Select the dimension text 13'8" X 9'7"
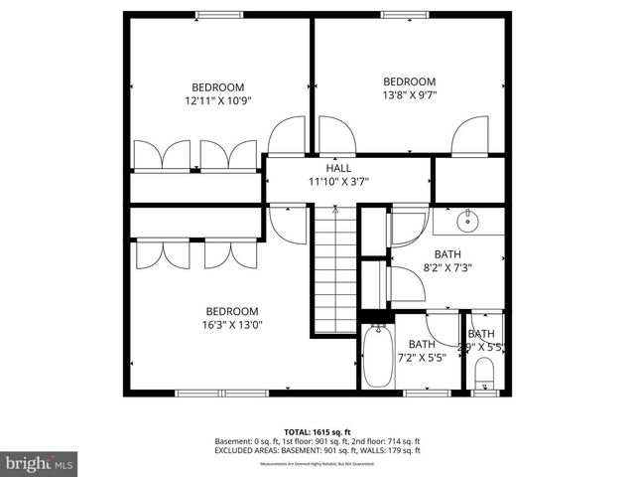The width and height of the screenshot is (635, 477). (x=409, y=95)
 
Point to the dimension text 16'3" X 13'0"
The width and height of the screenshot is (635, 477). (x=231, y=324)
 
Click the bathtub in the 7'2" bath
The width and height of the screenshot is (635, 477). (x=376, y=358)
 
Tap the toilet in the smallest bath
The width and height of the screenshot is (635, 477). (x=483, y=373)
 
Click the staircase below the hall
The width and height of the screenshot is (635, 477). (x=336, y=268)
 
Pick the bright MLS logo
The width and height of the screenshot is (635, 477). (x=40, y=463)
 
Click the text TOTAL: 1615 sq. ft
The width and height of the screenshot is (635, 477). (x=317, y=432)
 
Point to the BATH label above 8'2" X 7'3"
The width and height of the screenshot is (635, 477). (x=446, y=253)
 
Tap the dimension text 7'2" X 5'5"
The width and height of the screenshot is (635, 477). (x=422, y=358)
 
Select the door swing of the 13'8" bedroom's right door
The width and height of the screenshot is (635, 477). (x=468, y=138)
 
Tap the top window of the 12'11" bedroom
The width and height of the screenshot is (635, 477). (x=211, y=14)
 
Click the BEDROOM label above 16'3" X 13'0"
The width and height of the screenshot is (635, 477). (x=231, y=310)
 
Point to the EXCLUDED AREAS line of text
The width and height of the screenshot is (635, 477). (x=317, y=450)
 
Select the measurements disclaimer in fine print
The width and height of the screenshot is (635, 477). (x=317, y=464)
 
